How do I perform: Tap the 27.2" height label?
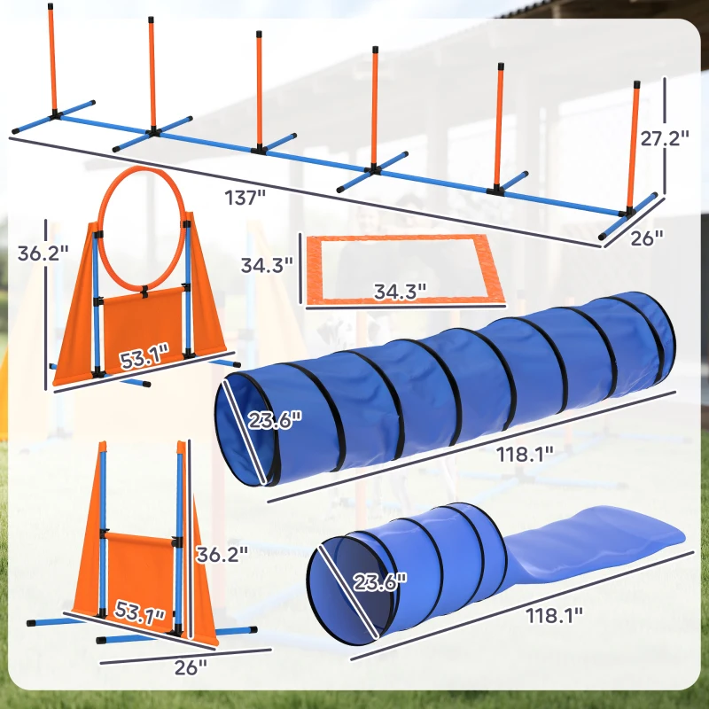[x=665, y=139]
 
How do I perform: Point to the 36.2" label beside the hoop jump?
[x=43, y=253]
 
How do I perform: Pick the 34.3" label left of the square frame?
[x=269, y=264]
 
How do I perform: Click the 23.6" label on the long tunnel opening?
[x=272, y=417]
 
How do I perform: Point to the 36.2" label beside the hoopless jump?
[x=222, y=555]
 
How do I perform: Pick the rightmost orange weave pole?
[x=635, y=146]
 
